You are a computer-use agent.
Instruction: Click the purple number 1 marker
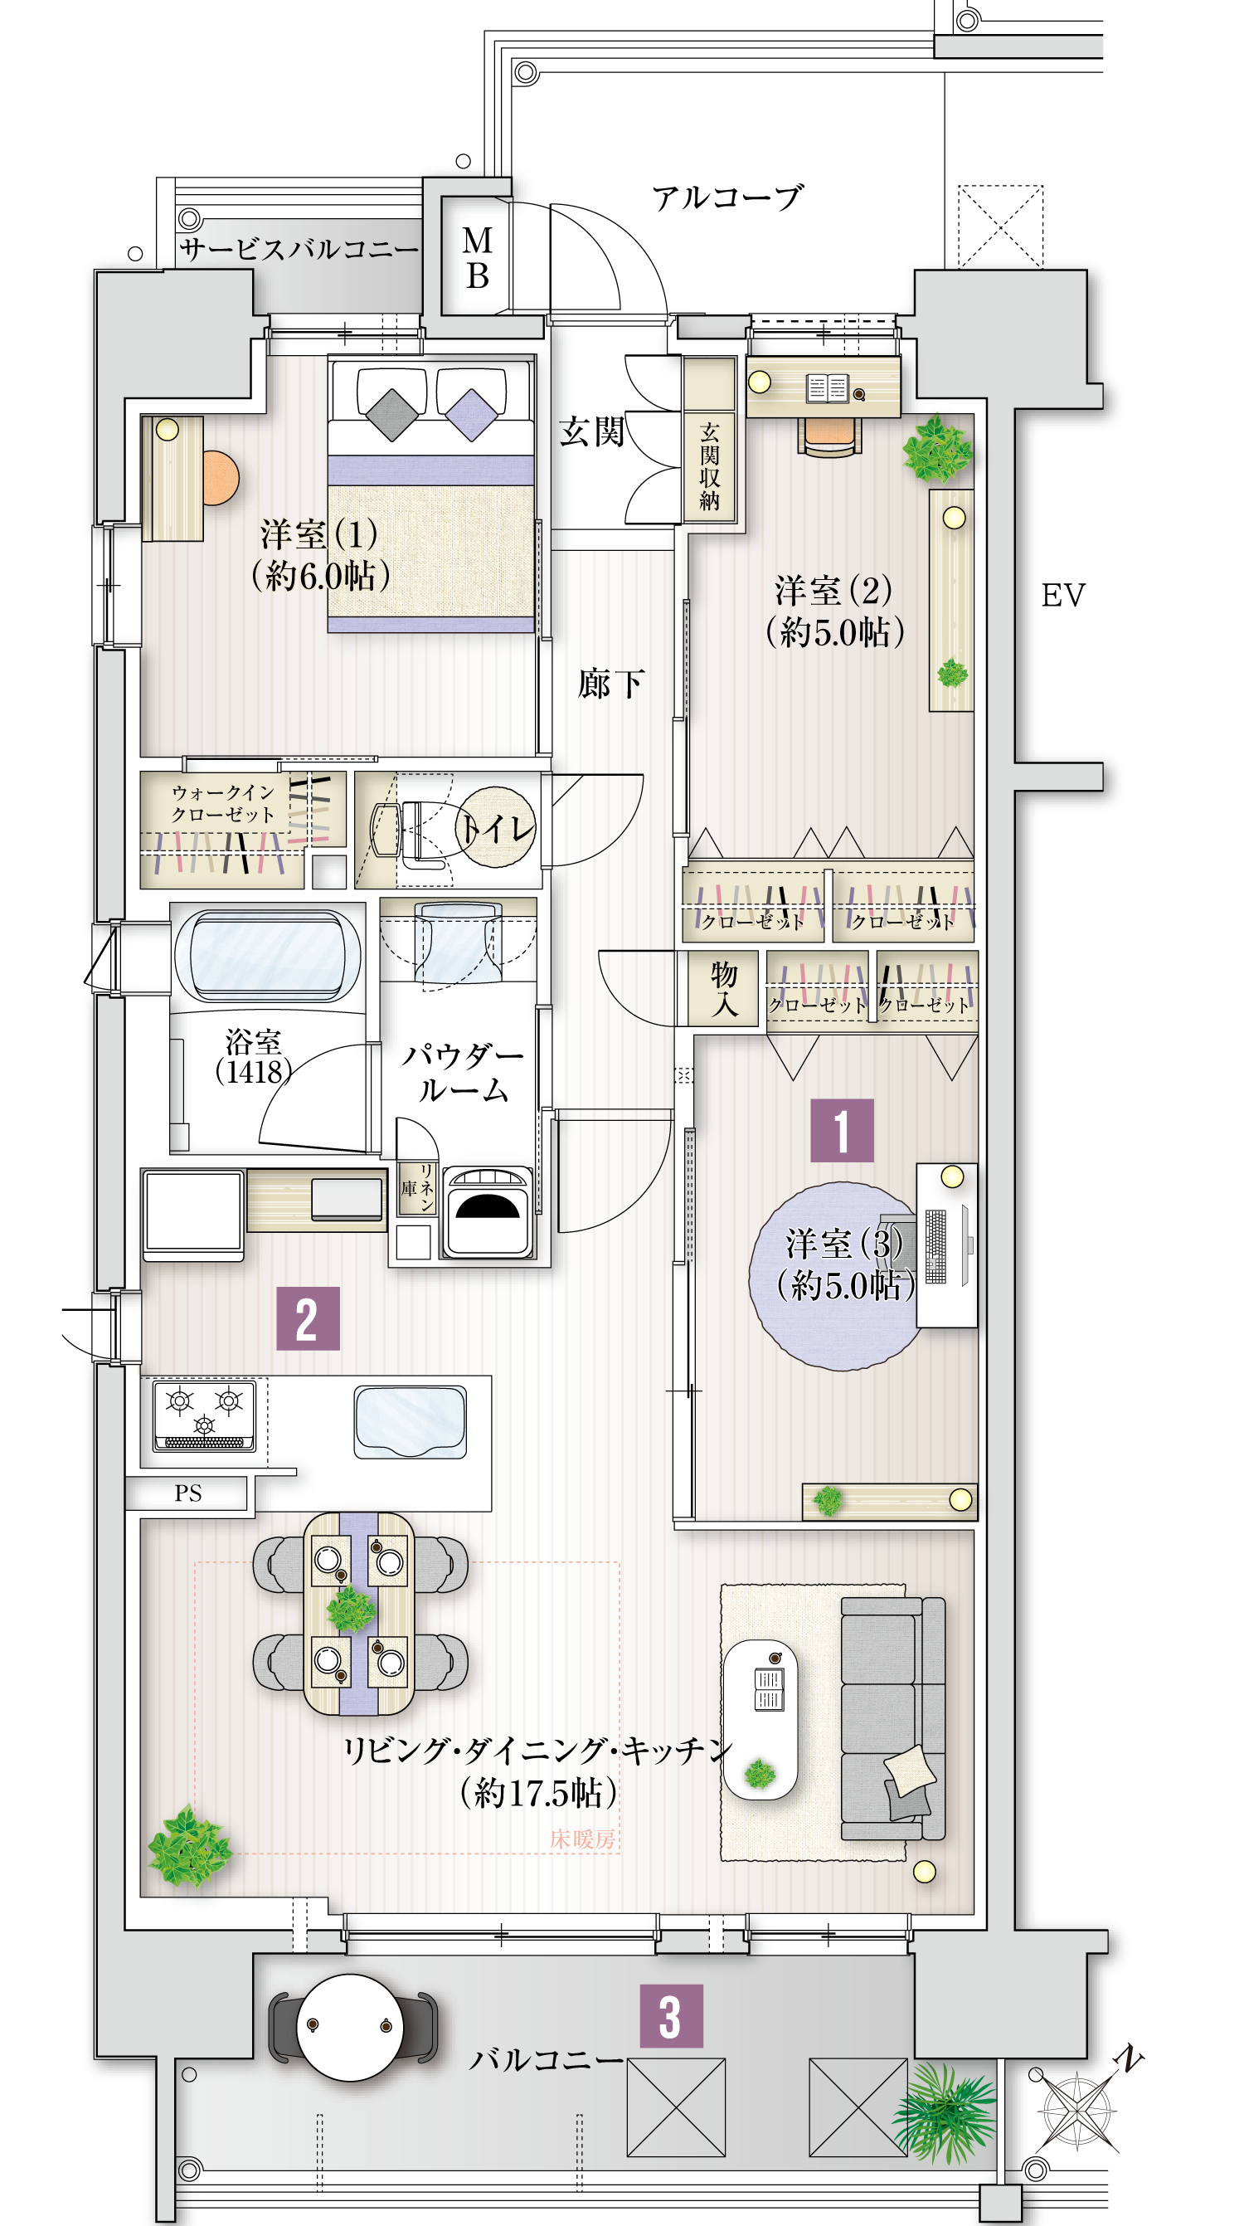click(x=842, y=1130)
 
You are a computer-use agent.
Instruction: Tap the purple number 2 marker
click(x=308, y=1318)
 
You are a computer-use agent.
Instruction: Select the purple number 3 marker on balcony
click(x=670, y=2016)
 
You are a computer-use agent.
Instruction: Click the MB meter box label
click(x=478, y=257)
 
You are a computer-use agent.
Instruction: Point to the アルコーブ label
click(x=726, y=198)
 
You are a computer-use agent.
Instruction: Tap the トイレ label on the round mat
click(x=498, y=828)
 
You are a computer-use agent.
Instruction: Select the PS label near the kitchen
click(x=187, y=1493)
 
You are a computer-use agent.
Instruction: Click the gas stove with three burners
click(x=205, y=1415)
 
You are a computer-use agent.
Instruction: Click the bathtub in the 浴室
click(x=268, y=954)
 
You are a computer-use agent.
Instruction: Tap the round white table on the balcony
click(x=349, y=2027)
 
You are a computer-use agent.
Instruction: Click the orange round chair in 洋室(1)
click(x=220, y=478)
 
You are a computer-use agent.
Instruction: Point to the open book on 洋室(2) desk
click(x=828, y=388)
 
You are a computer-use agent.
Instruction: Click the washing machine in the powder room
click(x=489, y=1210)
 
